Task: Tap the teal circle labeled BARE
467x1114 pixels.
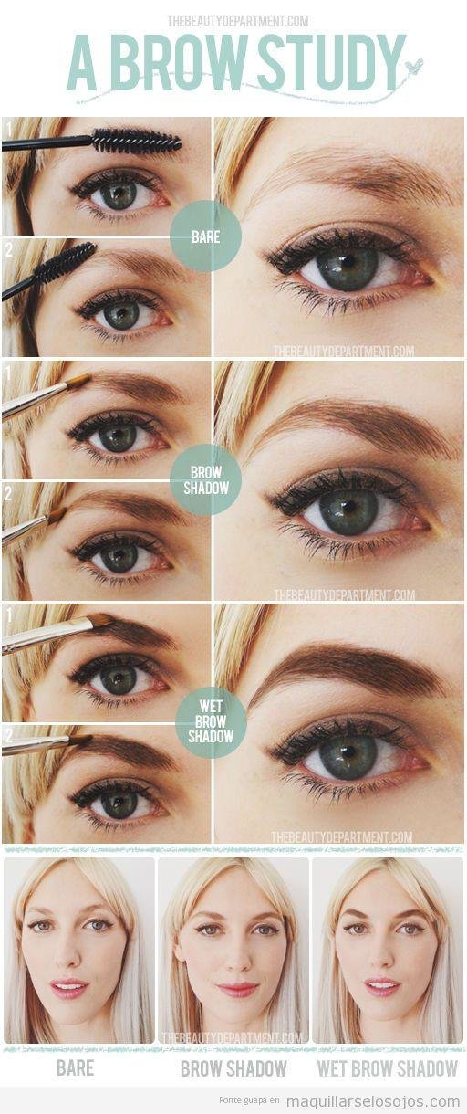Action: (x=205, y=236)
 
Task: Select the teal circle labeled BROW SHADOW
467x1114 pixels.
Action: (x=205, y=480)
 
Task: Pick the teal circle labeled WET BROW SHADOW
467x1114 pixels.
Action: (x=211, y=721)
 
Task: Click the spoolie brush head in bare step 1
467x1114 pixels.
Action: (x=137, y=141)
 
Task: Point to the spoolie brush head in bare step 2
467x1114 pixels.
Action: (x=66, y=261)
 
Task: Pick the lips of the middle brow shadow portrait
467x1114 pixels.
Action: (x=237, y=989)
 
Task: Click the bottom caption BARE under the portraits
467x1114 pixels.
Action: (x=75, y=1067)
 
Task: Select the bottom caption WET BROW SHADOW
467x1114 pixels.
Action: (x=388, y=1067)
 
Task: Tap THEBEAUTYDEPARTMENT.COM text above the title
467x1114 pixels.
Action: (x=237, y=21)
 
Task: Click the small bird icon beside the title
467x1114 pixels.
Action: (x=413, y=66)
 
